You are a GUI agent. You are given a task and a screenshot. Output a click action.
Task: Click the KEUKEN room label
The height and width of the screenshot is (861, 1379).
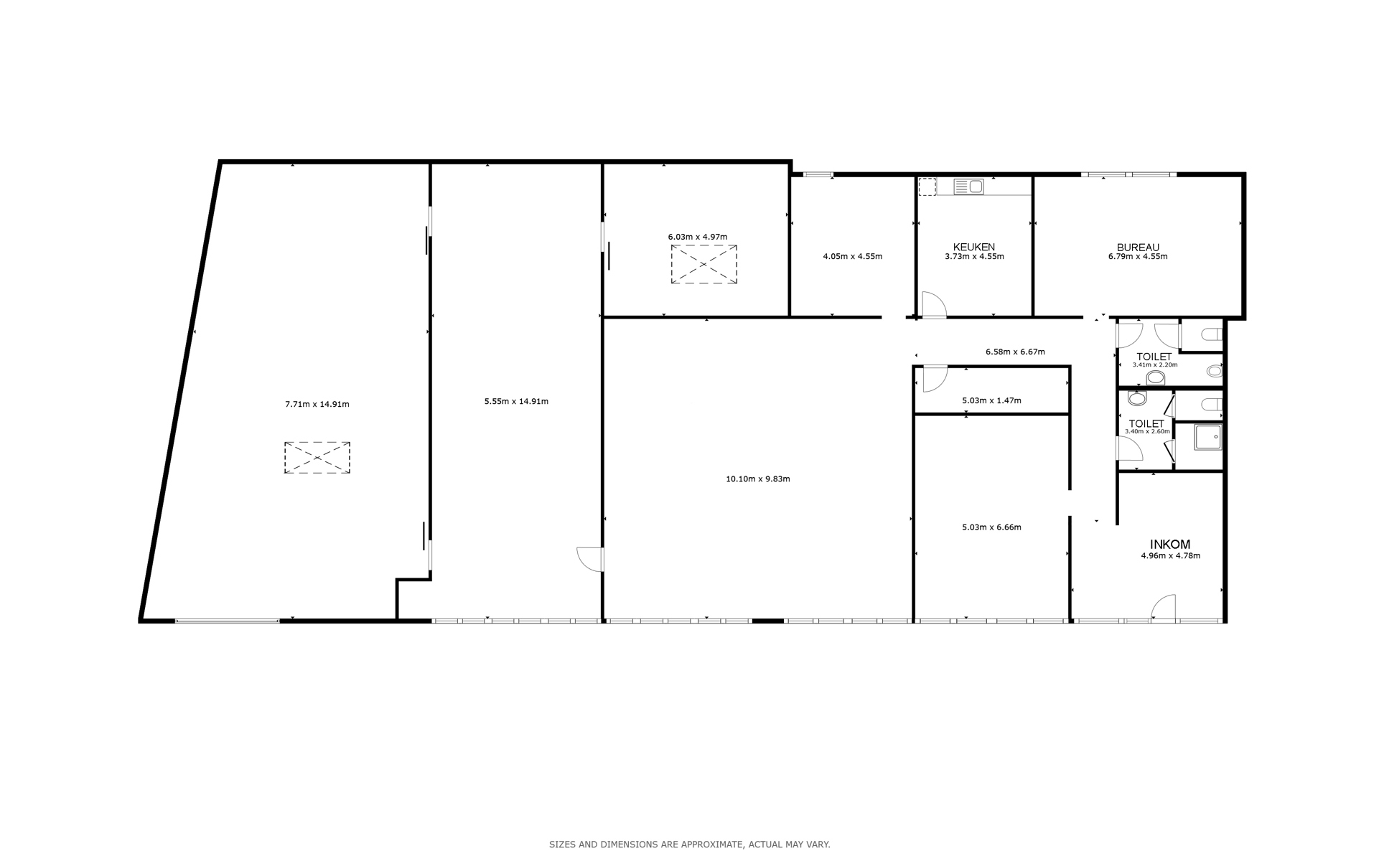[x=974, y=247]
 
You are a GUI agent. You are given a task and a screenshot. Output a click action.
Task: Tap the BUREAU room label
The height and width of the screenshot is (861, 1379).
[x=1138, y=247]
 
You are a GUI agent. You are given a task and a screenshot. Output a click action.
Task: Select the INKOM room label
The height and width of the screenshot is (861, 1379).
[x=1170, y=545]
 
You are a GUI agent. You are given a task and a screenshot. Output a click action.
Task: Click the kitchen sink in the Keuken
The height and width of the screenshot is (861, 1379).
[x=968, y=187]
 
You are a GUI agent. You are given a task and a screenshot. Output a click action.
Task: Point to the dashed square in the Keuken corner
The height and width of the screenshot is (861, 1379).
[x=927, y=187]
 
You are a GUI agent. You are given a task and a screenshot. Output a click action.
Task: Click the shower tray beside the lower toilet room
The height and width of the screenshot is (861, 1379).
[x=1208, y=436]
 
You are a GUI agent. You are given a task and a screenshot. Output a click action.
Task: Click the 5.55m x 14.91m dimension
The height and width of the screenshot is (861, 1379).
[x=516, y=401]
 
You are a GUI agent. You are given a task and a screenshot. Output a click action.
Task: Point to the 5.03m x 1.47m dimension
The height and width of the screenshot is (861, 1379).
[x=991, y=400]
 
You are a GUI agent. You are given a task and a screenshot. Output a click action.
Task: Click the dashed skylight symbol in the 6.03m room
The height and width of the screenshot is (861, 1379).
[x=703, y=264]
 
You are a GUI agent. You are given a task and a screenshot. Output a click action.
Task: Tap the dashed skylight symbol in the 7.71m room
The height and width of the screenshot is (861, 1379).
[x=317, y=458]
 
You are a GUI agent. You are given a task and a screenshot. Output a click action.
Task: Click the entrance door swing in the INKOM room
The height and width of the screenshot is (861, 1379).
[x=1164, y=607]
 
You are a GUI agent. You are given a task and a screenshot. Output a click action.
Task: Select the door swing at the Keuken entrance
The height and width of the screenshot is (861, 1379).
[x=934, y=304]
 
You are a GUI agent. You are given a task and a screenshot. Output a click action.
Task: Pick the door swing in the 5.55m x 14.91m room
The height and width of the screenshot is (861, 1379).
[x=589, y=560]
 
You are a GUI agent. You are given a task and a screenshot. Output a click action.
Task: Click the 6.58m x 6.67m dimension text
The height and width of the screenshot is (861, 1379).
[x=1015, y=352]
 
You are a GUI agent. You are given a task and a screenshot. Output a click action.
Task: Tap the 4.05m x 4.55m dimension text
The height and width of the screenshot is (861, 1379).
[x=853, y=256]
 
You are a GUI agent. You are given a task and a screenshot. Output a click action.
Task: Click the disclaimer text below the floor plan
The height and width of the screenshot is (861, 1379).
[x=689, y=844]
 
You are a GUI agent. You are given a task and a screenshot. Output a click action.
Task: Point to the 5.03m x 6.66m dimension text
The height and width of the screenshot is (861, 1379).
[x=991, y=527]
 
